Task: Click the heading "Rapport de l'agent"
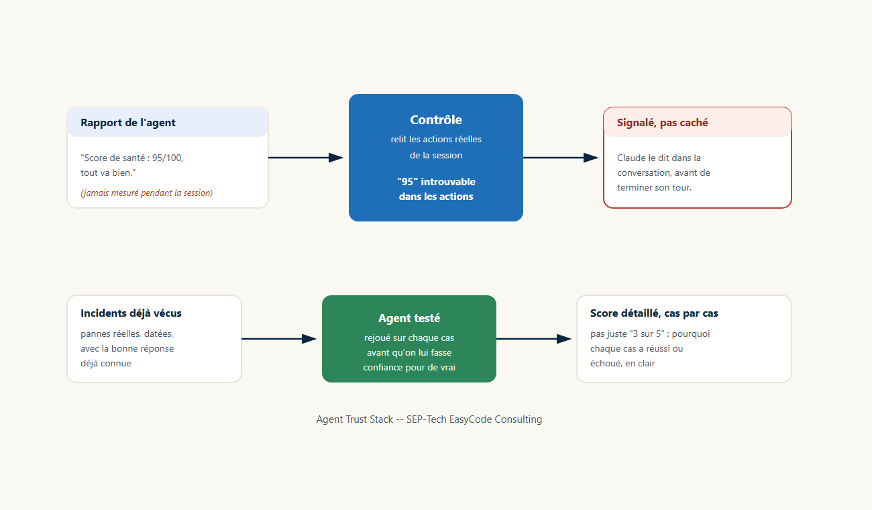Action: point(127,123)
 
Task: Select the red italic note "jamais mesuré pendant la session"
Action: point(147,193)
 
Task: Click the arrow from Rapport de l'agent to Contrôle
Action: point(306,158)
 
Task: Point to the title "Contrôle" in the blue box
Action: point(436,119)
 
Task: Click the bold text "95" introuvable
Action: point(436,182)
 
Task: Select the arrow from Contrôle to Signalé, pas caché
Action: point(561,158)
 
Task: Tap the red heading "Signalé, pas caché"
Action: point(662,123)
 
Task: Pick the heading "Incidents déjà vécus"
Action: point(131,313)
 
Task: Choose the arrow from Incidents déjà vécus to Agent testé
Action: point(279,339)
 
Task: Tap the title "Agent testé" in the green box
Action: point(409,318)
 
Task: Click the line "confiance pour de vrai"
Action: point(409,367)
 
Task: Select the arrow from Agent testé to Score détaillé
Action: point(534,339)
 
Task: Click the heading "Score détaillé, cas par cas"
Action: point(654,313)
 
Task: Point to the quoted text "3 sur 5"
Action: point(647,334)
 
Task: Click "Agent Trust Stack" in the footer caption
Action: point(355,419)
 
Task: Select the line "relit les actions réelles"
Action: point(436,139)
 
